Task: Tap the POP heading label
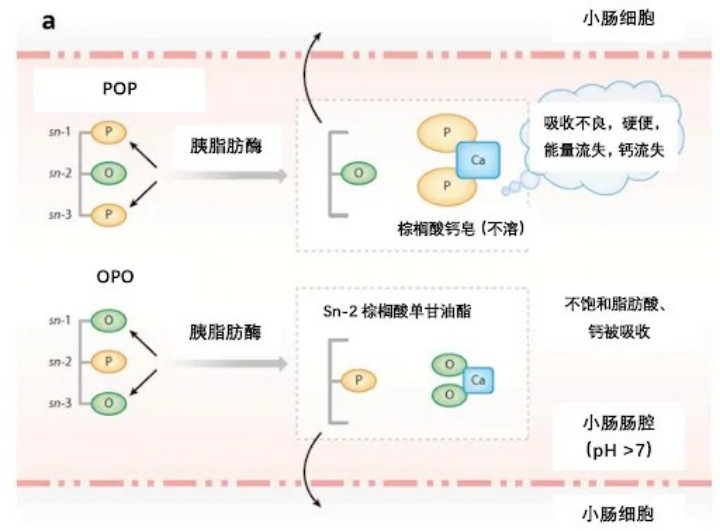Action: (x=119, y=88)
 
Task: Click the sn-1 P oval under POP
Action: (x=107, y=130)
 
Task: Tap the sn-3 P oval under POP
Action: (x=107, y=212)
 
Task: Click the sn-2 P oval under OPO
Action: (x=107, y=360)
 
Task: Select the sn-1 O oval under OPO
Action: (x=107, y=319)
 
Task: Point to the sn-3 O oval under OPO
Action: (x=107, y=402)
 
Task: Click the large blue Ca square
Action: (x=477, y=160)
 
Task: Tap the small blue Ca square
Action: (x=478, y=380)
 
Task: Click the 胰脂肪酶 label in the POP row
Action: (x=227, y=144)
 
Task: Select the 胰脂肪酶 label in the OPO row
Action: (x=227, y=332)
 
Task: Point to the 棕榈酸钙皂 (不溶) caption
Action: (x=460, y=229)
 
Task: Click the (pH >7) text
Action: (x=619, y=451)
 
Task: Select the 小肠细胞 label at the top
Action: (x=619, y=18)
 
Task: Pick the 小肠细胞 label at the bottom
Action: (x=619, y=513)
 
